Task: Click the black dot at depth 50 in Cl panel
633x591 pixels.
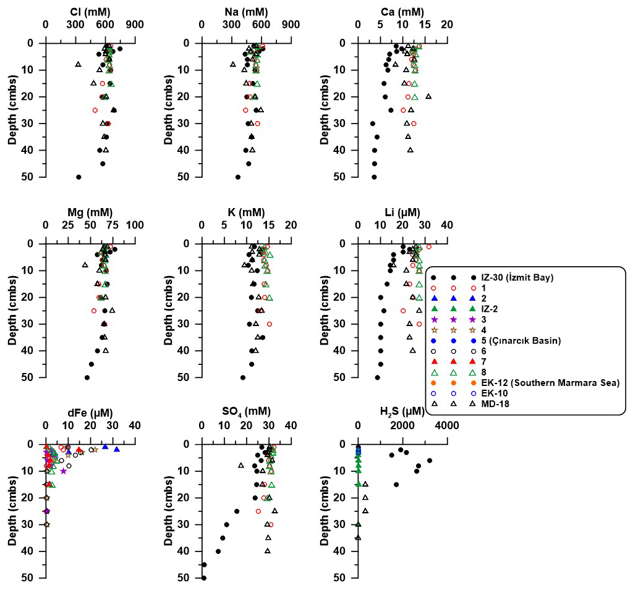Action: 79,177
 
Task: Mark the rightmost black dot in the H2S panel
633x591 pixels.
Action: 430,460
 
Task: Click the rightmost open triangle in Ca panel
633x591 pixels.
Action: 428,96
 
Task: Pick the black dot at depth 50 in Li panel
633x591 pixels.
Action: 377,377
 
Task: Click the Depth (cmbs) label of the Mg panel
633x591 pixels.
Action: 12,310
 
